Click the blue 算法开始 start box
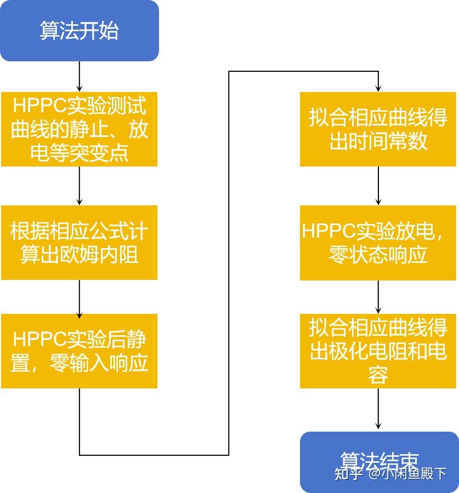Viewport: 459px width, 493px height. pos(79,31)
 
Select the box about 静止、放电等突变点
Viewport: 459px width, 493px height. pos(79,129)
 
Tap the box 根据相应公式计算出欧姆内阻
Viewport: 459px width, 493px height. pos(79,243)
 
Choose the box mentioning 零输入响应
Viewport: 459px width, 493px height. pos(79,351)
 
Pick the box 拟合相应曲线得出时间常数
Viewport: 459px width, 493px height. pos(378,129)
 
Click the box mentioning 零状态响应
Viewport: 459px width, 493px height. pos(378,243)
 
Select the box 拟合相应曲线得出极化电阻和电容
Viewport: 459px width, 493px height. pos(378,351)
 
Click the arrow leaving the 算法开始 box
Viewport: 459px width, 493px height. pos(80,76)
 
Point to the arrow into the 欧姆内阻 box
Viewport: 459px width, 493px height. pos(80,186)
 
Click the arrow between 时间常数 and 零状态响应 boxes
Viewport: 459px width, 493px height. pos(378,186)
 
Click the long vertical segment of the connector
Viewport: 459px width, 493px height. pos(229,263)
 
